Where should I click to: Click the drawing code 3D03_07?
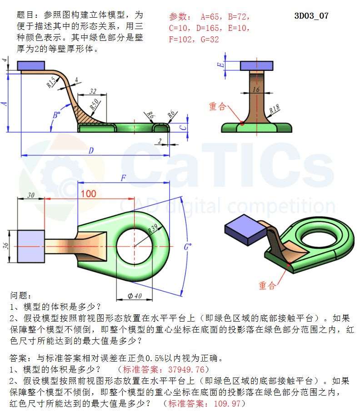click(x=311, y=16)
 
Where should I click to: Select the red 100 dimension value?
click(x=88, y=194)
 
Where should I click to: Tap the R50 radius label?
click(x=94, y=104)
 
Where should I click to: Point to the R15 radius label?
click(x=51, y=82)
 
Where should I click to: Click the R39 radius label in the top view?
click(x=153, y=228)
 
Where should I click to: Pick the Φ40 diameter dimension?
click(x=135, y=296)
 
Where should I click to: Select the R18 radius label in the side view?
click(x=274, y=109)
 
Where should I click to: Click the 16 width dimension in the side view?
click(x=256, y=89)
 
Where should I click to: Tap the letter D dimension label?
click(x=91, y=151)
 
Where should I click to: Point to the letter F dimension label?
click(x=123, y=178)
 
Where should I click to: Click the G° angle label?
click(x=188, y=247)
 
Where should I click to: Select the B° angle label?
click(x=56, y=115)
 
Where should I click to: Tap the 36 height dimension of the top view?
click(x=5, y=246)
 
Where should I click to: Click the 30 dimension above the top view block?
click(x=31, y=195)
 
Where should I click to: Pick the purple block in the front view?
click(x=31, y=66)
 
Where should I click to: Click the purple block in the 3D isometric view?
click(x=245, y=229)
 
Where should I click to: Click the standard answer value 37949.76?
click(x=186, y=369)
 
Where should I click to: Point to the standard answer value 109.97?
click(x=227, y=403)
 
